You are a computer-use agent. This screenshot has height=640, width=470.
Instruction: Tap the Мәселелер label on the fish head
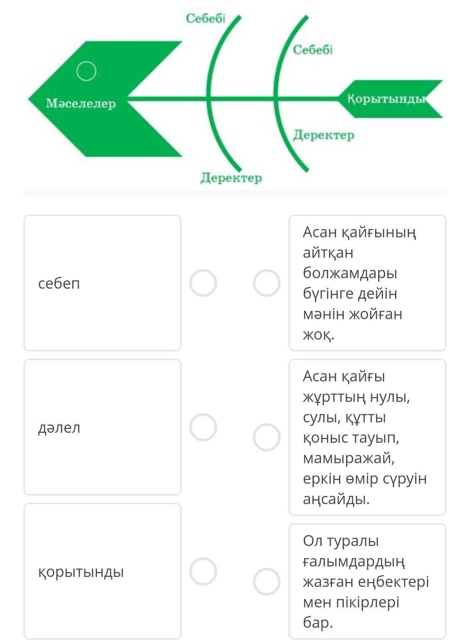click(81, 103)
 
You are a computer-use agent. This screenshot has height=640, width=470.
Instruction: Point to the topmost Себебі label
click(205, 19)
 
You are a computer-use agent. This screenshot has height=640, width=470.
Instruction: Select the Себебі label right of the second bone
click(313, 50)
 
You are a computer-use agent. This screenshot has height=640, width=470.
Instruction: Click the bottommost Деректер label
click(231, 178)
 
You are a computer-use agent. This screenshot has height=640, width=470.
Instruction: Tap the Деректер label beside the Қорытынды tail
click(323, 135)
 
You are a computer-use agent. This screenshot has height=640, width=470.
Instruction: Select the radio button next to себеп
click(203, 283)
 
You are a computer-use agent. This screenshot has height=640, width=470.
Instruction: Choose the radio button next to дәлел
click(203, 427)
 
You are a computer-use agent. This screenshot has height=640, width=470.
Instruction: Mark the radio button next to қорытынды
click(203, 571)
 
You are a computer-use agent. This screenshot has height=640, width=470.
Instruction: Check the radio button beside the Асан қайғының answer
click(267, 283)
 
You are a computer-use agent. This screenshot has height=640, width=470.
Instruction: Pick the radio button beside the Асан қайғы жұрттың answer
click(267, 438)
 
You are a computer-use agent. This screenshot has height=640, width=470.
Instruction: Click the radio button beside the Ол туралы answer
click(267, 582)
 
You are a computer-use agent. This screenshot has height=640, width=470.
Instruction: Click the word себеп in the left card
click(59, 284)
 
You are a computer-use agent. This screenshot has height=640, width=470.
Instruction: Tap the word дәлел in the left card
click(59, 428)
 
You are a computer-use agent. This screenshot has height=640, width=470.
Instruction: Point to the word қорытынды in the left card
click(81, 572)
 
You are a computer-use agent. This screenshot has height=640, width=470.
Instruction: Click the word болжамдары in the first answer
click(350, 273)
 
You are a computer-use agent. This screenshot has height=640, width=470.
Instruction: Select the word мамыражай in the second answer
click(349, 458)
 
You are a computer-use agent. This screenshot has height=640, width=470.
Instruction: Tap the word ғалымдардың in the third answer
click(354, 562)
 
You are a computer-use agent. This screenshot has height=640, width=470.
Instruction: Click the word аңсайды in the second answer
click(336, 499)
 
